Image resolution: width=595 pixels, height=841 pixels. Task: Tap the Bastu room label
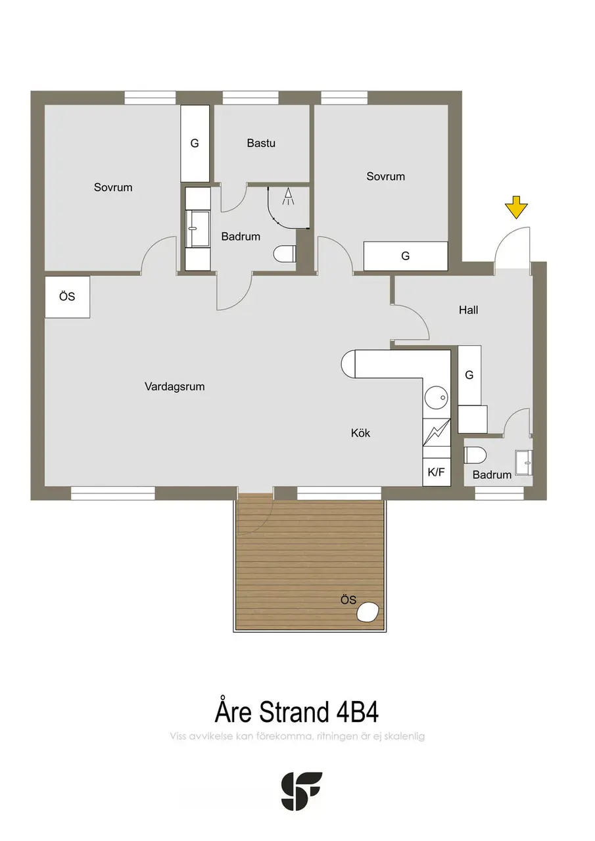pos(261,143)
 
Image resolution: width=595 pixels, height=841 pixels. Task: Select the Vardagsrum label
pos(175,387)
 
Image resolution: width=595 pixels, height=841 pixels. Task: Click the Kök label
pos(360,433)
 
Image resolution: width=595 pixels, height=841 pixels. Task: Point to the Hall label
pos(468,309)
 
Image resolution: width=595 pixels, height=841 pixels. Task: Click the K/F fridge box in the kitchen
pos(437,472)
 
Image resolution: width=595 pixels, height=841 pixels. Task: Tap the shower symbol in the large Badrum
pos(288,196)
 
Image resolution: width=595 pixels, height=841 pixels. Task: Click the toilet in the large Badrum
pos(285,254)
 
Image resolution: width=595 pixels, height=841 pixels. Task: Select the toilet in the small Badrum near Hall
pos(475,455)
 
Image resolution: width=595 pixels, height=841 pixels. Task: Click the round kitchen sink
pos(437,398)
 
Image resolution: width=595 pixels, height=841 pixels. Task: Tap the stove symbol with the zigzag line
pos(437,432)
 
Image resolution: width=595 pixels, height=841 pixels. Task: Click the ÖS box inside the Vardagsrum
pos(67,297)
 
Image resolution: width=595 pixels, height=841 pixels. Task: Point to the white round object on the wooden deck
pos(368,613)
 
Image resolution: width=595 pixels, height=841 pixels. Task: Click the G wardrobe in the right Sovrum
pos(406,256)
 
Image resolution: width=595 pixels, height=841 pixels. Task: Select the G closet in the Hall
pos(469,375)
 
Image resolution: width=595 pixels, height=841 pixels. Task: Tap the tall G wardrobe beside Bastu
pos(195,143)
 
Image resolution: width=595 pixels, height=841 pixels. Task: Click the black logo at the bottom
pos(302,790)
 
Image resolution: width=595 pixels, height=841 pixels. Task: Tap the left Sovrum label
pos(113,187)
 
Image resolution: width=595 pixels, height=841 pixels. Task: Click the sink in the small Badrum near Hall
pos(523,463)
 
